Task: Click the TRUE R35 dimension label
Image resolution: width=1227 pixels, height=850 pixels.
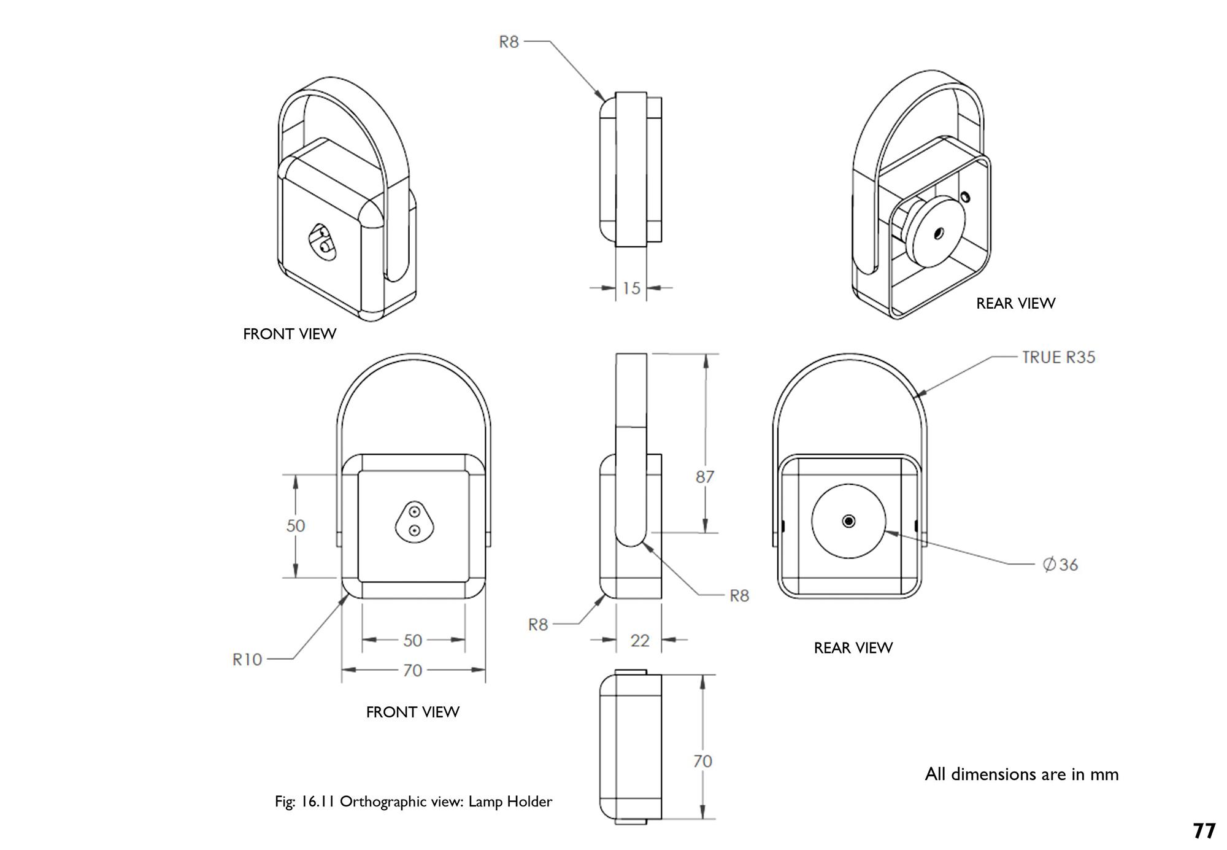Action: [x=1058, y=357]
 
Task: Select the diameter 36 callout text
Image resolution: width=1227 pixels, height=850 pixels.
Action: [x=1061, y=565]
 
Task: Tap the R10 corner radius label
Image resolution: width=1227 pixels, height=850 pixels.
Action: [x=247, y=660]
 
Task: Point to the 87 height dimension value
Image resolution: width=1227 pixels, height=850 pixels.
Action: [x=705, y=477]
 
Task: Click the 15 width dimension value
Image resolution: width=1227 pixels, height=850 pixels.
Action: [x=631, y=288]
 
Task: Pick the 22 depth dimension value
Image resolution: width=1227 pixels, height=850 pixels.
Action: [x=640, y=641]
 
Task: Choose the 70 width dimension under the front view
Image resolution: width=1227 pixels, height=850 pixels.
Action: [x=413, y=670]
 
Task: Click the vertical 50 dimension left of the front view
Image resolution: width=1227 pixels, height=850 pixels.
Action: [x=296, y=526]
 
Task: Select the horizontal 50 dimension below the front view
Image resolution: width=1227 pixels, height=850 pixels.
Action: [x=413, y=641]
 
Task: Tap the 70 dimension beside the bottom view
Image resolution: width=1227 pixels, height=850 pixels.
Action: [x=703, y=762]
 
